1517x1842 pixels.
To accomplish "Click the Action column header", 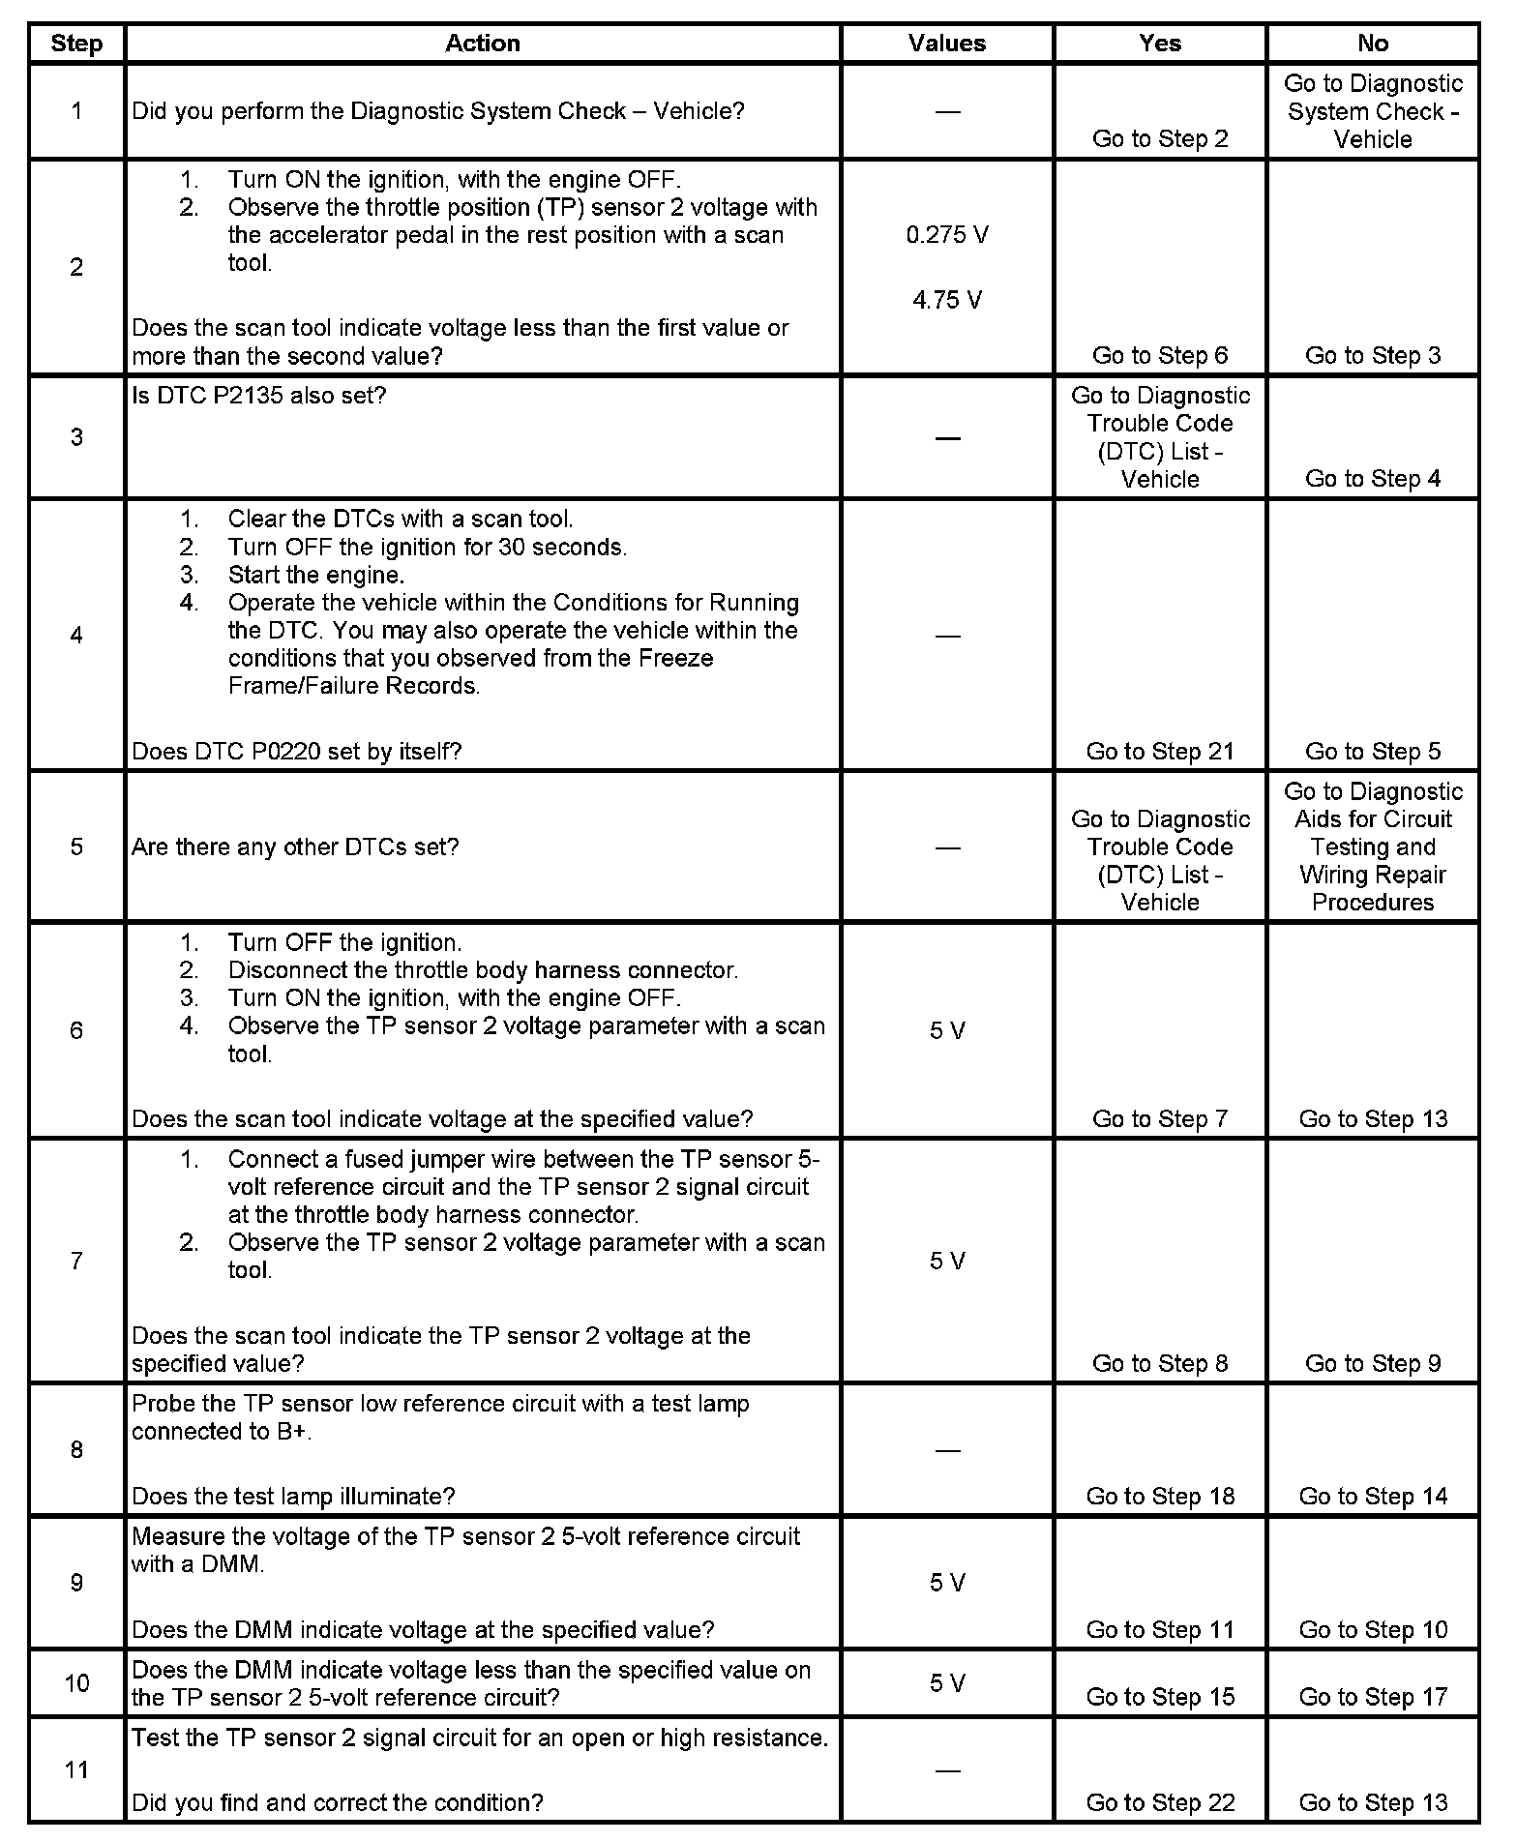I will (x=482, y=44).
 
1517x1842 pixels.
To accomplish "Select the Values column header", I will (x=946, y=44).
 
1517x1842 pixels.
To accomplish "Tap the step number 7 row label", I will (x=76, y=1261).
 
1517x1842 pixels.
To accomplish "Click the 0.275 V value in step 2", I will (x=947, y=235).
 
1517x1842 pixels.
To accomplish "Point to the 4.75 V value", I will (x=947, y=300).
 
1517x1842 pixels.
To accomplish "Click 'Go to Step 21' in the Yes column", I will (x=1160, y=751).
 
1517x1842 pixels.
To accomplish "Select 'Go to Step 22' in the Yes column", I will (x=1160, y=1802).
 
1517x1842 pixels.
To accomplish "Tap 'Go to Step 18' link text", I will (x=1160, y=1496).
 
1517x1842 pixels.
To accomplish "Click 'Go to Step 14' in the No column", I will (x=1373, y=1496).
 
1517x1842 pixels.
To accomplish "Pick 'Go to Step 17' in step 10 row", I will (x=1373, y=1697).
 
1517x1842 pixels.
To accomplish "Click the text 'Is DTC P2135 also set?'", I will (x=258, y=396).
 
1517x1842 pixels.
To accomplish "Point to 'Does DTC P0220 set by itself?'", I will (x=296, y=751).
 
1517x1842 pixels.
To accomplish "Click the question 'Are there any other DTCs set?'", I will (x=295, y=847).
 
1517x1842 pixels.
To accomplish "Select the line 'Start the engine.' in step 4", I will (x=316, y=575).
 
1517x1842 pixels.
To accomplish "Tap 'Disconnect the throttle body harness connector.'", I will (x=483, y=970).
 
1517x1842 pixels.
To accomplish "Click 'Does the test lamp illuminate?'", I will (x=293, y=1496).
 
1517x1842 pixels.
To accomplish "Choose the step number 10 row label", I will (x=76, y=1683).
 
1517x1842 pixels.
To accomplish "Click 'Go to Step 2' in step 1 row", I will (x=1160, y=138).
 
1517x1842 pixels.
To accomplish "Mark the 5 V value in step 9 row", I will (x=947, y=1583).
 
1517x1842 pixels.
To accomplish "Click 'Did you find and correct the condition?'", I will (x=337, y=1802).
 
